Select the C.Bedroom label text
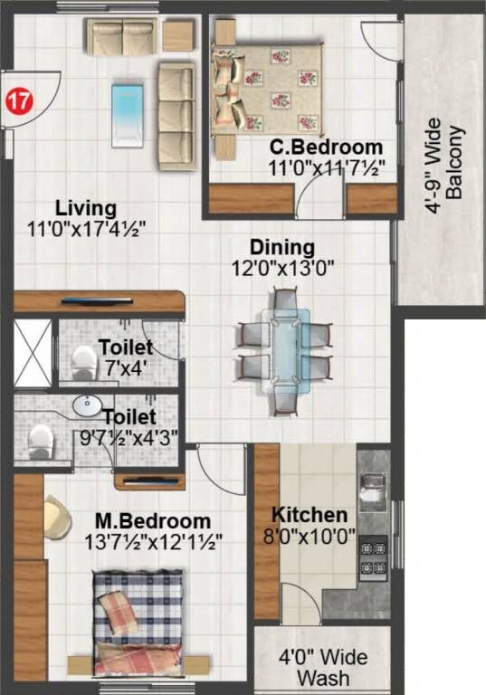[x=327, y=148]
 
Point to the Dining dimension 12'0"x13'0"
[x=281, y=267]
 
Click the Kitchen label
[x=310, y=514]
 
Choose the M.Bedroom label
[x=153, y=521]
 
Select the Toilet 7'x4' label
[x=125, y=347]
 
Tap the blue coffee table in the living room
[x=127, y=113]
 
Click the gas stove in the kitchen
[x=373, y=557]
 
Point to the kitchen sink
[x=373, y=494]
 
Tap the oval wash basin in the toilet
[x=88, y=404]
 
